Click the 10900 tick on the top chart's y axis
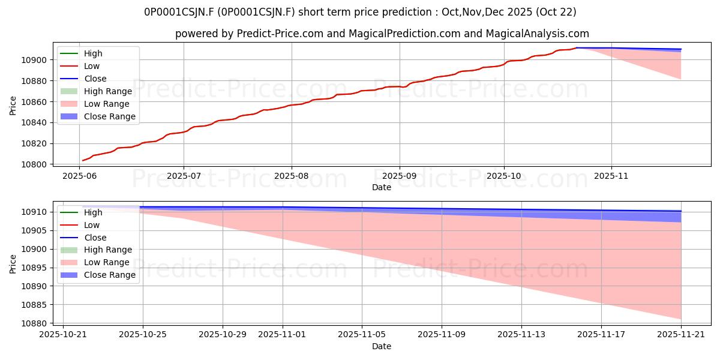click(x=34, y=60)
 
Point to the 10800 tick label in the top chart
click(x=34, y=164)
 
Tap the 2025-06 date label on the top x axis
click(x=79, y=176)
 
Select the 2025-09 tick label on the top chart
click(x=400, y=176)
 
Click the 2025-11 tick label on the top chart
click(x=611, y=176)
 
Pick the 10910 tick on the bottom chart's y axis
click(x=34, y=212)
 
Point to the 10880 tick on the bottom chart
click(x=34, y=323)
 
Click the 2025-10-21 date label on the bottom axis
click(x=63, y=335)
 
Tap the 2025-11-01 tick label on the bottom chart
click(x=282, y=335)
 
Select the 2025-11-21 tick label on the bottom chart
click(x=681, y=335)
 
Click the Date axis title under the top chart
click(x=382, y=187)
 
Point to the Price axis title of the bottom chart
click(x=13, y=264)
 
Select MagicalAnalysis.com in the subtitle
click(x=537, y=34)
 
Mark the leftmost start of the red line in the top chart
click(x=83, y=160)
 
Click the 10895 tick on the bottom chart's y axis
click(x=34, y=268)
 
